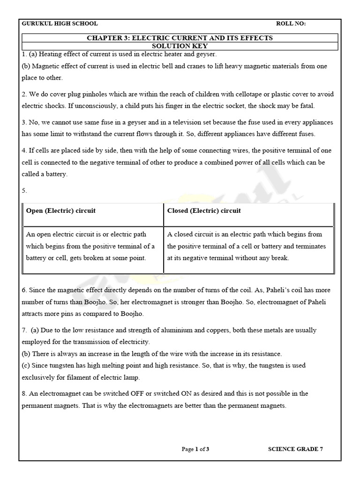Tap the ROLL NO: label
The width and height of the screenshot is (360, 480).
pos(291,24)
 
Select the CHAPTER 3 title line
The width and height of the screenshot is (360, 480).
pos(180,38)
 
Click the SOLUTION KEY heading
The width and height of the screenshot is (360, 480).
pos(180,46)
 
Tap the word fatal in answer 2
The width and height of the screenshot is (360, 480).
pos(307,105)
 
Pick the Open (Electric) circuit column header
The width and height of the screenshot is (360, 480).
pos(60,210)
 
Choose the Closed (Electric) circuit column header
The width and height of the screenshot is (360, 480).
pos(204,210)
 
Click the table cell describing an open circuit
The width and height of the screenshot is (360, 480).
pos(93,246)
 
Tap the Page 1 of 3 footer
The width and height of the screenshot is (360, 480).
pos(195,449)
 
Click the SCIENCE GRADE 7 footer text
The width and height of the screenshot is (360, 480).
pos(295,449)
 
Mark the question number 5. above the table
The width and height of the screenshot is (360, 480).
pos(24,190)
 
